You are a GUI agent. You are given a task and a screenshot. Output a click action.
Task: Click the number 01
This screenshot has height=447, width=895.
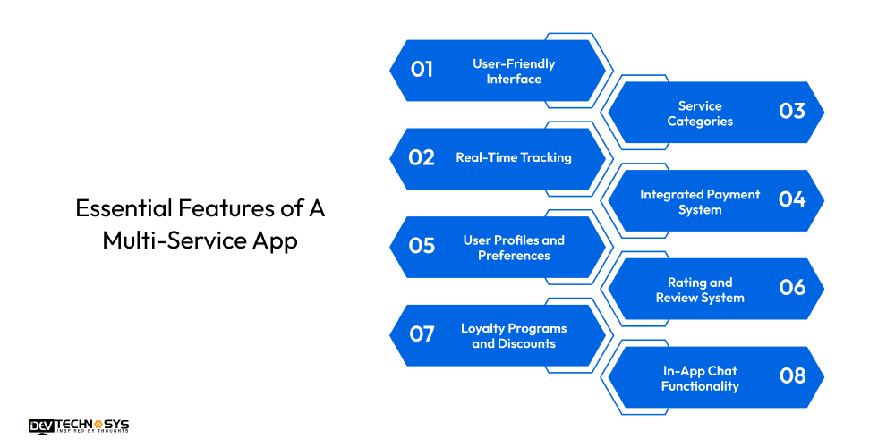click(422, 69)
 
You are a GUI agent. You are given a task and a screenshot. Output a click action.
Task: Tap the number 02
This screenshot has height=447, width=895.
click(422, 157)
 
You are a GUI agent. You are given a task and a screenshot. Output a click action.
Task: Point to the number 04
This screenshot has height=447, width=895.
click(792, 199)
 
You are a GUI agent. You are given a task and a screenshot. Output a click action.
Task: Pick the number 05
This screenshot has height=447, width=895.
click(422, 245)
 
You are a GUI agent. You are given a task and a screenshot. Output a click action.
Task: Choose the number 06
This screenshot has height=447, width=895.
click(792, 287)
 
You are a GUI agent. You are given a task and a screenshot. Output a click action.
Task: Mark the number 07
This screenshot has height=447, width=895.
click(422, 333)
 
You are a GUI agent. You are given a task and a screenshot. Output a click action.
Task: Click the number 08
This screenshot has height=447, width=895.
click(792, 375)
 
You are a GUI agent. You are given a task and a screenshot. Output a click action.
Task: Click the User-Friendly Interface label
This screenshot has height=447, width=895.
click(514, 72)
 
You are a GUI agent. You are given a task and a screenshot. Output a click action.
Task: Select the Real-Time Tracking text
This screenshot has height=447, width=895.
click(514, 157)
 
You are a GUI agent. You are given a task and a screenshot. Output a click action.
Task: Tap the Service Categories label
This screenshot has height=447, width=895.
click(700, 114)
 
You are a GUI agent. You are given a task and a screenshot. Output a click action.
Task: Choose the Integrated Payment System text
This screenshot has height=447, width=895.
click(700, 202)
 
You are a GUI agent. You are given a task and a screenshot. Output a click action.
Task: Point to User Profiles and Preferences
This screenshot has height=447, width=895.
click(514, 248)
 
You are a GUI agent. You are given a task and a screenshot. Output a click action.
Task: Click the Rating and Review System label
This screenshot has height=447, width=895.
click(700, 290)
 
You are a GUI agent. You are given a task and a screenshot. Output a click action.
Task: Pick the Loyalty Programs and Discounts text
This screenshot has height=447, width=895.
click(514, 336)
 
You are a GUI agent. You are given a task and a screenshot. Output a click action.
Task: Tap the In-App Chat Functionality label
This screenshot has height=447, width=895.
click(700, 378)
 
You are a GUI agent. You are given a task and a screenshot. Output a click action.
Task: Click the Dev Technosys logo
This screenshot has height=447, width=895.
click(78, 426)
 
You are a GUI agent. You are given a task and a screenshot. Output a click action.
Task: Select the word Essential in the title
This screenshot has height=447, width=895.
click(115, 209)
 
